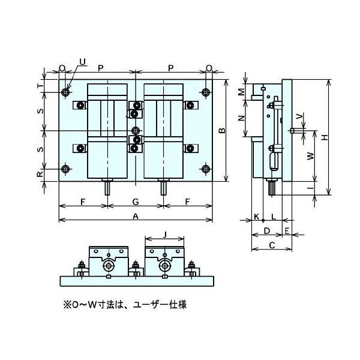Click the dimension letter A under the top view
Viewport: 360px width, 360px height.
pos(136,216)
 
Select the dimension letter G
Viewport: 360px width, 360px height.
pos(136,202)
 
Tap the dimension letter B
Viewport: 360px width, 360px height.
pos(222,130)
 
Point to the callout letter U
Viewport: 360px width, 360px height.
pos(82,62)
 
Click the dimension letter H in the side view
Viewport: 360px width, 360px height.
pos(325,137)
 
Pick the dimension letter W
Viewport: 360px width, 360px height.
pos(310,156)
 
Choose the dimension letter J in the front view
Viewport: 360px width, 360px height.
pos(164,235)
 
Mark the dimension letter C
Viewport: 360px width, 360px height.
pos(272,245)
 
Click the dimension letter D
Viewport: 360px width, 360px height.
pos(266,231)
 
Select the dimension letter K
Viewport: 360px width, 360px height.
pos(257,216)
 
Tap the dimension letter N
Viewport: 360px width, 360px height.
pos(241,118)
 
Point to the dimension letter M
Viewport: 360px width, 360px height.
pos(241,92)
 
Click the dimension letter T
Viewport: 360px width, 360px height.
pos(40,86)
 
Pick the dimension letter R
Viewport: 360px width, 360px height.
pos(40,174)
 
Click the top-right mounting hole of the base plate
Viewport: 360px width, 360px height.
pos(206,92)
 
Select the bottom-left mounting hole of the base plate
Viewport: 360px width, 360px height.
pos(66,169)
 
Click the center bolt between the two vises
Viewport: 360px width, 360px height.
pos(136,131)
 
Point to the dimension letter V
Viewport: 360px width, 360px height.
pos(299,116)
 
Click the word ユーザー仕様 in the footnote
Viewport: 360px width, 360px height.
pos(160,305)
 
